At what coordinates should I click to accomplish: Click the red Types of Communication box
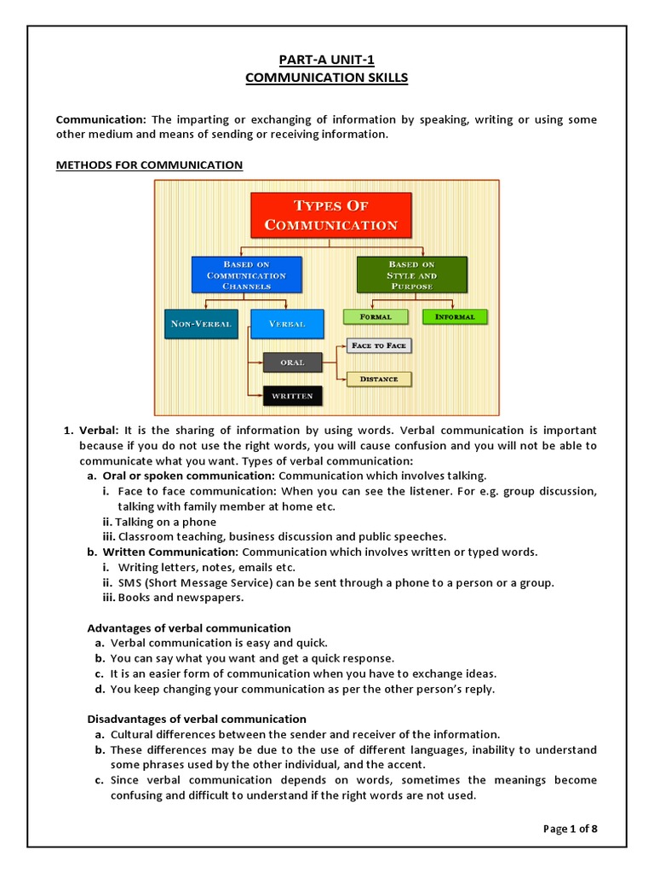331,215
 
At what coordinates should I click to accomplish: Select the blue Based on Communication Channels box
246,275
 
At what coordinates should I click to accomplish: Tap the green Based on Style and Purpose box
412,275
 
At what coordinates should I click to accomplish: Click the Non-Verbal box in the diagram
201,324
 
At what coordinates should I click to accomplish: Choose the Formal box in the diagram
376,316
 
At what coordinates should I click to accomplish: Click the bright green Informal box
455,316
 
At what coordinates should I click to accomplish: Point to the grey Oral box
294,362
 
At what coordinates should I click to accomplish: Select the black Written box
293,396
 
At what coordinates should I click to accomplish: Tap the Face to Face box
379,345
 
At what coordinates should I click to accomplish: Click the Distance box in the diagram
379,379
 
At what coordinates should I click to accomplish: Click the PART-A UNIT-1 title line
326,59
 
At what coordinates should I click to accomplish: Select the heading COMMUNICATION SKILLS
326,78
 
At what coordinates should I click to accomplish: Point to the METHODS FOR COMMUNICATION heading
149,165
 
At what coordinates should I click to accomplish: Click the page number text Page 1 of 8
570,828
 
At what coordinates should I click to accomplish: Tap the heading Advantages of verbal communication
189,628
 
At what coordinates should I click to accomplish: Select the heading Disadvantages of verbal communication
197,719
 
